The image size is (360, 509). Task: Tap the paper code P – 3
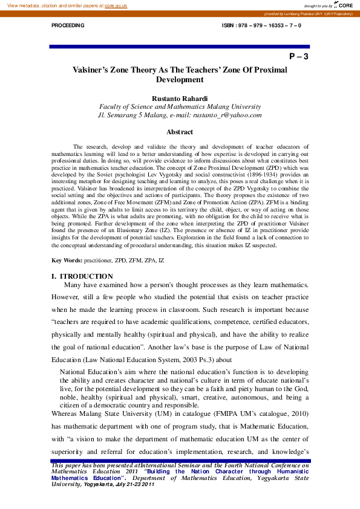299,57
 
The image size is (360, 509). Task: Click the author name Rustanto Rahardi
180,98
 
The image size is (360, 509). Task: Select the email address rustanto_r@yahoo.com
227,114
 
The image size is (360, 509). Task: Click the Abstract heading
180,132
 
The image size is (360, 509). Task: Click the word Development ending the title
180,80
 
